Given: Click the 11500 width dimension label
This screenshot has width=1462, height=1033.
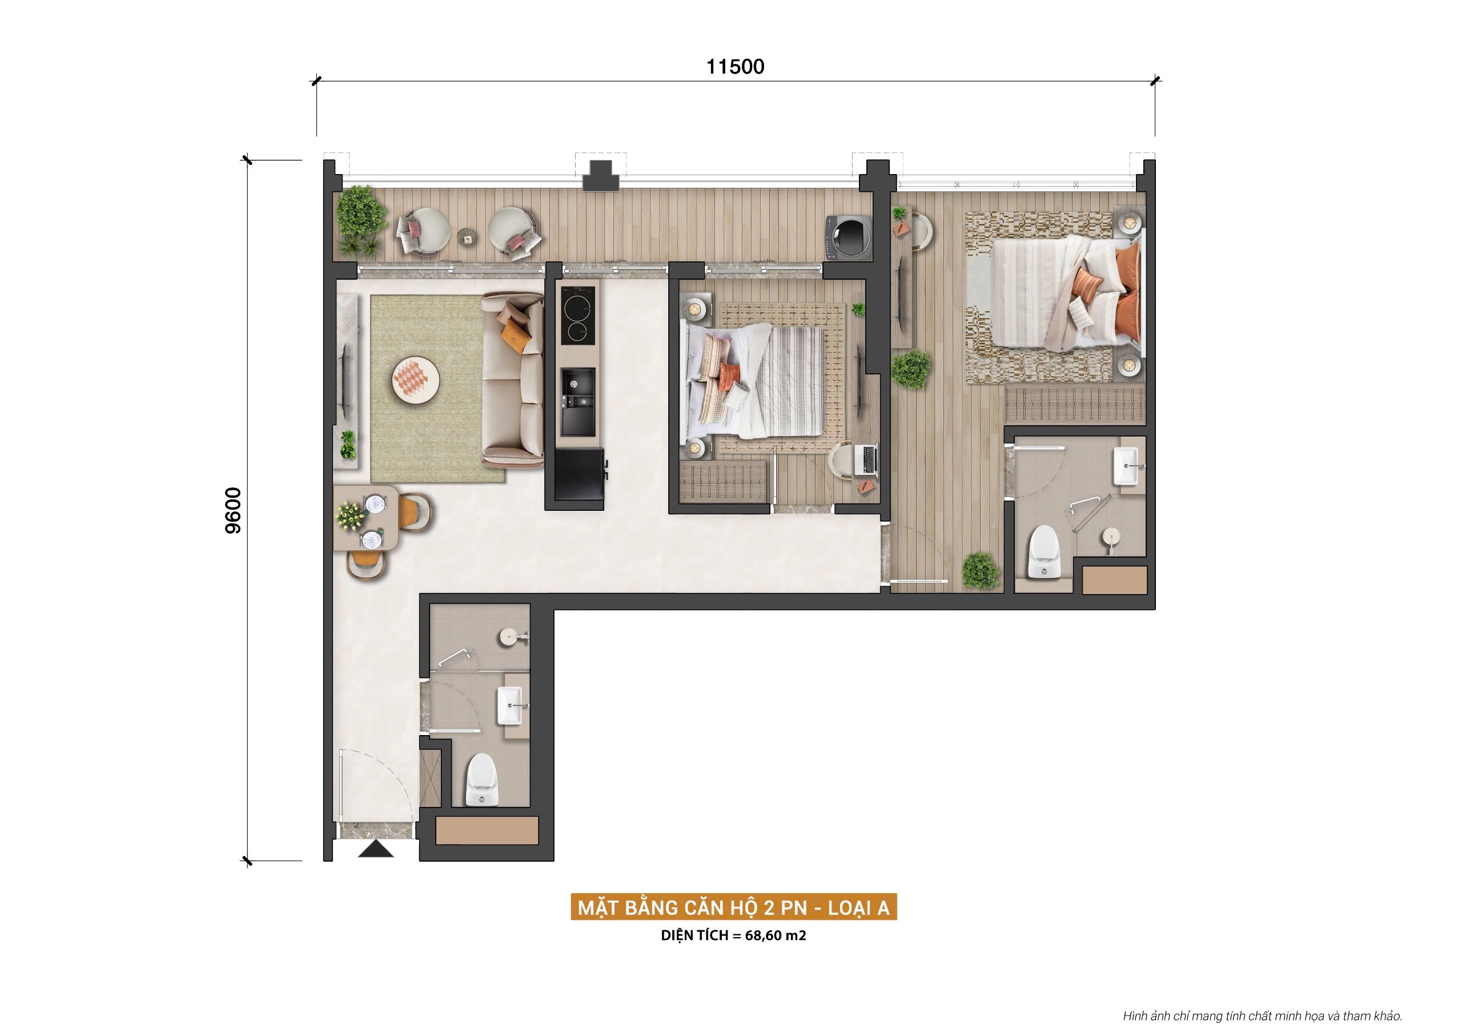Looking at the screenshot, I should click(x=735, y=67).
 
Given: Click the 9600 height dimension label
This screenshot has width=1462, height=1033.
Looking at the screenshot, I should click(x=234, y=510).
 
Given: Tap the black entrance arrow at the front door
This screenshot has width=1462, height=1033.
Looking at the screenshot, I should click(x=375, y=849).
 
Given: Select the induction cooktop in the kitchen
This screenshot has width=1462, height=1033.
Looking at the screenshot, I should click(x=578, y=315).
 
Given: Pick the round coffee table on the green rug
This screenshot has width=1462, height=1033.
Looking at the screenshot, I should click(x=416, y=380).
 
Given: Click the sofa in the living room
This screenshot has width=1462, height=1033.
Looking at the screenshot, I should click(x=513, y=380).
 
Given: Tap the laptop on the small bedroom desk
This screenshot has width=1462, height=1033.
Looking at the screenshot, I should click(x=869, y=460).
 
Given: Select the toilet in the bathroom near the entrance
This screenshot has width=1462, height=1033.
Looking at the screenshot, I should click(x=481, y=780).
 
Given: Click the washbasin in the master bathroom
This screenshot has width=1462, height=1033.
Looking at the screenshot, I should click(x=1128, y=466).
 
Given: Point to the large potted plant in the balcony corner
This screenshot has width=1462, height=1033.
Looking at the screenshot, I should click(x=360, y=210).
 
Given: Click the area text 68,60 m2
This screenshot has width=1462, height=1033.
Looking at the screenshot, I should click(x=774, y=935).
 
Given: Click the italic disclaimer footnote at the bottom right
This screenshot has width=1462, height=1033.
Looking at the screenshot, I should click(x=1262, y=1016).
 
